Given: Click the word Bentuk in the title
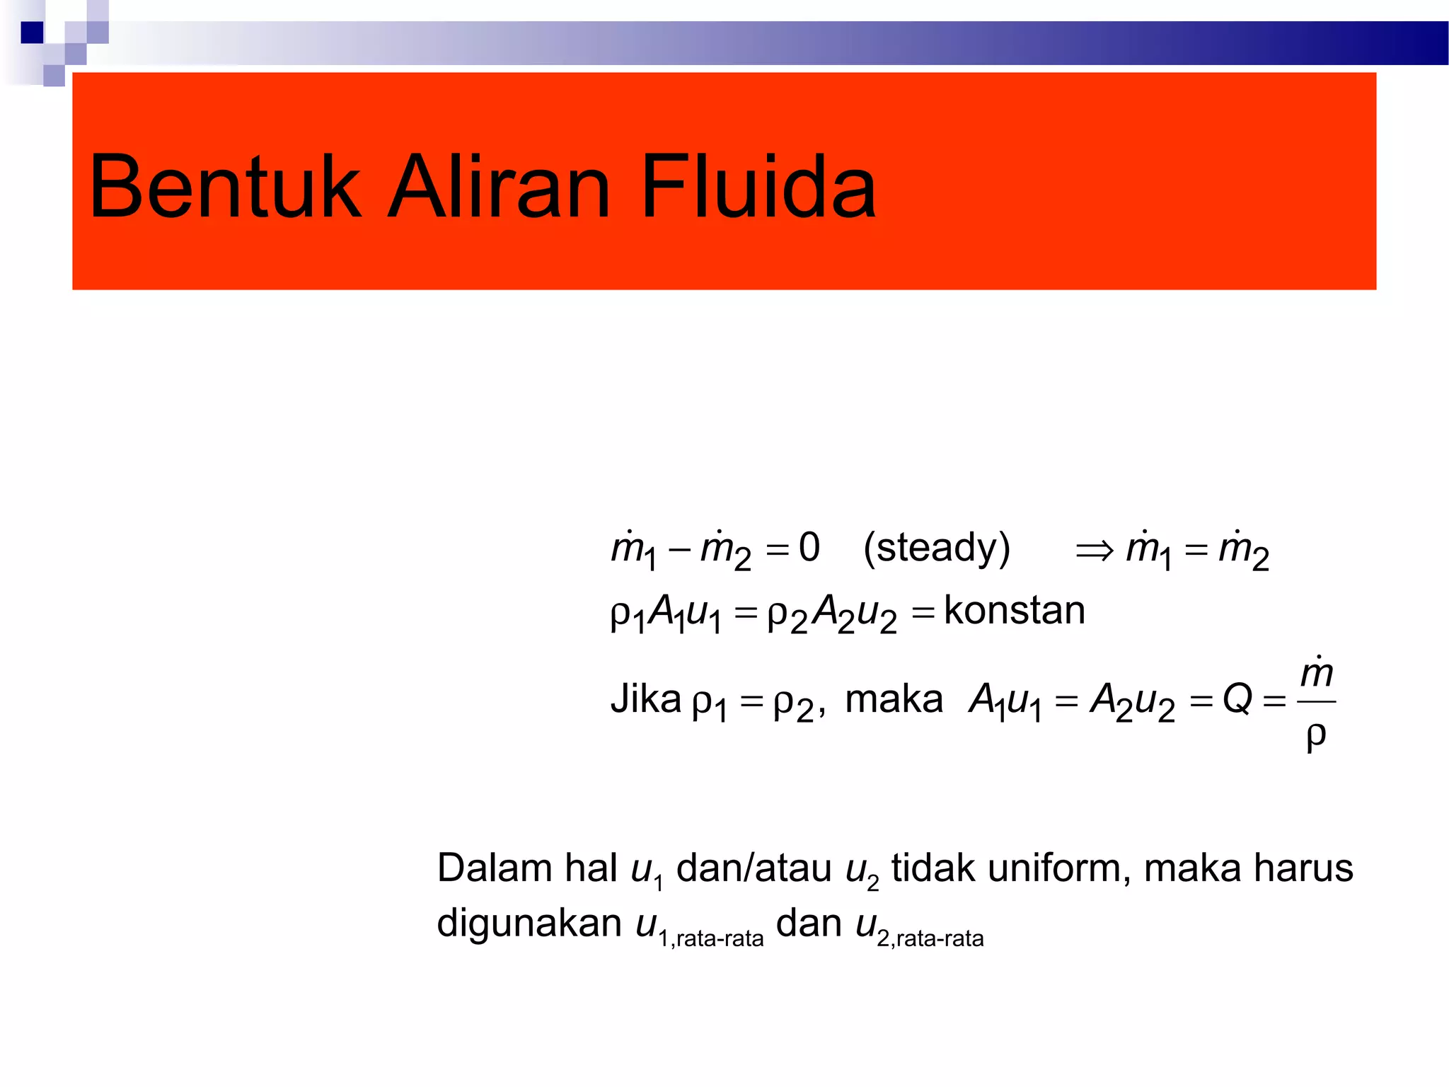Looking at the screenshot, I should click(225, 188).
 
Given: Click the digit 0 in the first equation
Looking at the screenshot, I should click(809, 548).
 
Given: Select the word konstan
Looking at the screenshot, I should click(1014, 611).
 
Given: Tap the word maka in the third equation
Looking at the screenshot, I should click(894, 699).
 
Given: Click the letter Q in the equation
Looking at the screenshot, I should click(1237, 699).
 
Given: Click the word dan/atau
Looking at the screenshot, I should click(754, 868).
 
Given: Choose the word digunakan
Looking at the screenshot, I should click(529, 924).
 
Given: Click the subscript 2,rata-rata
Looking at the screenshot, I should click(930, 939).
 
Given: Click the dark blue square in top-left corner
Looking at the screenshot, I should click(32, 33).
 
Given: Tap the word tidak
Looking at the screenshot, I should click(933, 868).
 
